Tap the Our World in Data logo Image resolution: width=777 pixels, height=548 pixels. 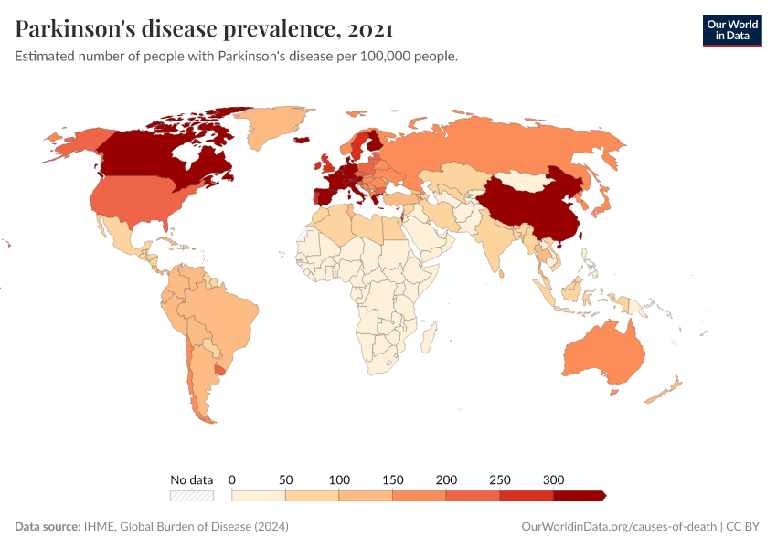click(731, 29)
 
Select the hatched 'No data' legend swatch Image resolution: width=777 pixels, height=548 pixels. click(192, 495)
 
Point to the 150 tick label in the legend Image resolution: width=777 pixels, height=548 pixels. click(392, 479)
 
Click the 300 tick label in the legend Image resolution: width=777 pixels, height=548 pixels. click(553, 479)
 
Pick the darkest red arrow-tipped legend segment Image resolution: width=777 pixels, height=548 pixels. click(579, 495)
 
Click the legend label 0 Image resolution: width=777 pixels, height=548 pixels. click(232, 479)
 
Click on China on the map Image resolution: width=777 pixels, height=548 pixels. click(526, 210)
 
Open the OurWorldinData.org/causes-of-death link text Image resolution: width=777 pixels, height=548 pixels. click(618, 527)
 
